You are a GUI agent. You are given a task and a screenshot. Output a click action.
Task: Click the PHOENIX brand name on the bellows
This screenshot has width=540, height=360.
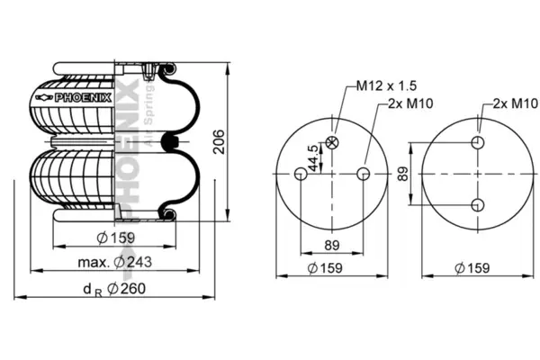(84, 98)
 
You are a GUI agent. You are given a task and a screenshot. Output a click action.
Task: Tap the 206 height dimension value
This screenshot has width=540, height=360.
(219, 142)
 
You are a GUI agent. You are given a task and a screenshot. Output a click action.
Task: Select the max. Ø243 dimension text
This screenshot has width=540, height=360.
(114, 262)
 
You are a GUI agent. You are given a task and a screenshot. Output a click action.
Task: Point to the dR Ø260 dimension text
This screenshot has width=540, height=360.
(114, 289)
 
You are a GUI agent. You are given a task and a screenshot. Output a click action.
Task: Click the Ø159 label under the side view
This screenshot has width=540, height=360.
(115, 238)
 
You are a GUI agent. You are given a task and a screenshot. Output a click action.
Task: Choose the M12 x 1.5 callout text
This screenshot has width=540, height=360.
(386, 85)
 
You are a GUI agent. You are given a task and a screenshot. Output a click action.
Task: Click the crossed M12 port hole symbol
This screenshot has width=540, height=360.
(332, 142)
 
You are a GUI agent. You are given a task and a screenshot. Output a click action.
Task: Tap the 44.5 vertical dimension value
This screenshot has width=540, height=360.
(312, 158)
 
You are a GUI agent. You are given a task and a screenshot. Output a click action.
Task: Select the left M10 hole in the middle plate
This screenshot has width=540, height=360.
(301, 174)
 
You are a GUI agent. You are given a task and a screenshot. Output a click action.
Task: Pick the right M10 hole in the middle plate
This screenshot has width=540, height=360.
(364, 174)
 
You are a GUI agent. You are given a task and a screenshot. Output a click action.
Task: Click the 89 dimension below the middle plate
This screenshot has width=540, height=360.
(332, 246)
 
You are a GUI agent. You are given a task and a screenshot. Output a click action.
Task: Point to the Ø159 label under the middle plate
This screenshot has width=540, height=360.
(325, 268)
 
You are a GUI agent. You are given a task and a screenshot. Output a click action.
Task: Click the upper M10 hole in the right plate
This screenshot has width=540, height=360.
(478, 142)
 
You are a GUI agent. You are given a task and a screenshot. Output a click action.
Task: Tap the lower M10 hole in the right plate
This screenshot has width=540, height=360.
(478, 205)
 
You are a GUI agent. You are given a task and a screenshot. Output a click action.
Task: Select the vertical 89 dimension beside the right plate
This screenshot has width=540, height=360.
(402, 174)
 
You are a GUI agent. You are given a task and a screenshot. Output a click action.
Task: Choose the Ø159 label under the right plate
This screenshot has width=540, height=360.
(472, 268)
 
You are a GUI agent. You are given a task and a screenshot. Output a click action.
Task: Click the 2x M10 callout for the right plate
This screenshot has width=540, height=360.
(515, 103)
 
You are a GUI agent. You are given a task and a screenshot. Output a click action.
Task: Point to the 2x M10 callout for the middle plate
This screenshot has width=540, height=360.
(410, 103)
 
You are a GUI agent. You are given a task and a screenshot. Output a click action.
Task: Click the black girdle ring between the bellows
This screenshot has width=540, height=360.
(170, 141)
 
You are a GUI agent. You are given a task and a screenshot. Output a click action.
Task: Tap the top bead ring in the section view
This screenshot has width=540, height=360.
(168, 69)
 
